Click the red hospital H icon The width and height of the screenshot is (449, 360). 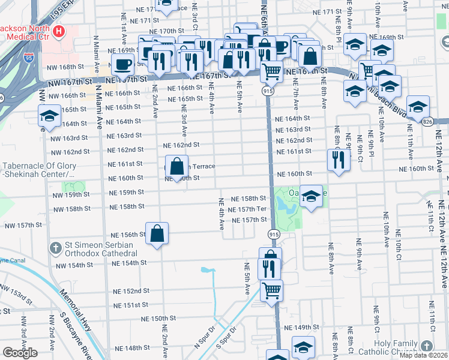click(x=59, y=31)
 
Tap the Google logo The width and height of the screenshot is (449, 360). click(x=20, y=353)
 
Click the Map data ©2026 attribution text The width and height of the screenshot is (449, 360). click(x=423, y=355)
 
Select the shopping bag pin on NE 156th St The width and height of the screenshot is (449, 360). click(x=157, y=234)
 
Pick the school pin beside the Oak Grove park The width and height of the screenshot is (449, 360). click(x=311, y=197)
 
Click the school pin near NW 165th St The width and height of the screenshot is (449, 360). click(x=49, y=116)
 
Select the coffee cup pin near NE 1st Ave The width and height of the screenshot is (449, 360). click(x=123, y=65)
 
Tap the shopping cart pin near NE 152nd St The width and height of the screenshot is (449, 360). click(x=271, y=290)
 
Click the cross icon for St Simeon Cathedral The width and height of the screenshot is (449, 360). click(x=55, y=247)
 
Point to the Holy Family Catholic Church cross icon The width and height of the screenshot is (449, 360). click(x=426, y=346)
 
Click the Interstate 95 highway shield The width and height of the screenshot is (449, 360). click(x=29, y=58)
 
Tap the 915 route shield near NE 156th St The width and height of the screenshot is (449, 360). click(x=273, y=234)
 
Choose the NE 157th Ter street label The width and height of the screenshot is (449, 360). click(x=247, y=209)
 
